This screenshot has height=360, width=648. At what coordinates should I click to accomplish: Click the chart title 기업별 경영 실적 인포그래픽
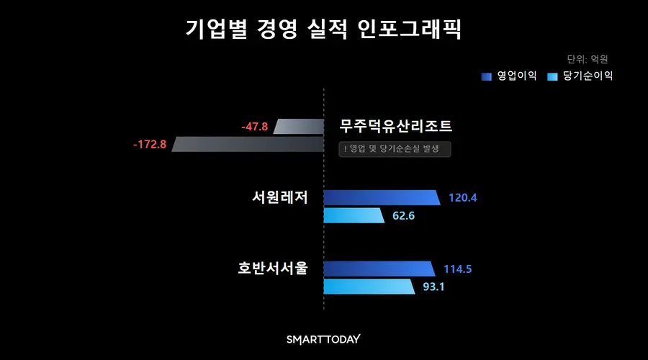tap(323, 30)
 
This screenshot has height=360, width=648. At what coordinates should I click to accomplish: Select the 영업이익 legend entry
tap(510, 76)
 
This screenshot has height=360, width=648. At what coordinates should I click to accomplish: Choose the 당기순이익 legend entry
tap(580, 76)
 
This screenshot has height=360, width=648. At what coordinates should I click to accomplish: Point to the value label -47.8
tap(255, 127)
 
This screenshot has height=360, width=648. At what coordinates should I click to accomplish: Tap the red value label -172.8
tap(150, 144)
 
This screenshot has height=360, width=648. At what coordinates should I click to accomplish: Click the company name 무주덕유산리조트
tap(395, 127)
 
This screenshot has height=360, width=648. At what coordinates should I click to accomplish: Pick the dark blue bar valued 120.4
tap(381, 197)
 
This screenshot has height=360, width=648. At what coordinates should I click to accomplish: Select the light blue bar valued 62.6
tap(354, 215)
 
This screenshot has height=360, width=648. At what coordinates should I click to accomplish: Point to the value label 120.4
tap(463, 197)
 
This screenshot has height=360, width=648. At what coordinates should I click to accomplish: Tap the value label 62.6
tap(405, 215)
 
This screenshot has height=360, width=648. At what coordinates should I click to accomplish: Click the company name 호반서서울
tap(273, 269)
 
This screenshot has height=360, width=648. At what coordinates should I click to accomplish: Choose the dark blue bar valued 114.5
tap(379, 269)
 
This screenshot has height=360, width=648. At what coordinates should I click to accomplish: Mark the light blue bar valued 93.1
tap(370, 287)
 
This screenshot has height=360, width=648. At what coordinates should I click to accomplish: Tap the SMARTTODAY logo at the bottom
tap(323, 339)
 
